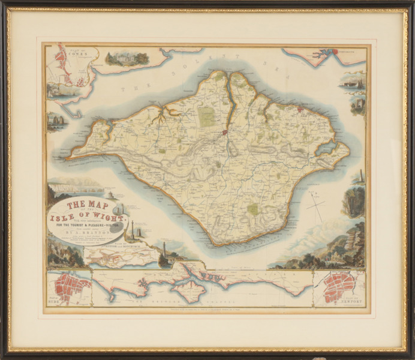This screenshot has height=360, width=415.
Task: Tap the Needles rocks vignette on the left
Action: pyautogui.click(x=57, y=122)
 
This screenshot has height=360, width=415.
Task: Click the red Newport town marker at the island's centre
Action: pyautogui.click(x=224, y=132)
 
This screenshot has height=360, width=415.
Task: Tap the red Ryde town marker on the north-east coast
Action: pyautogui.click(x=299, y=109)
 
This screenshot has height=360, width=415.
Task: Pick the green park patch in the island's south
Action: pyautogui.click(x=253, y=209)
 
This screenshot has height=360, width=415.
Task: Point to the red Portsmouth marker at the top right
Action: pyautogui.click(x=335, y=52)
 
